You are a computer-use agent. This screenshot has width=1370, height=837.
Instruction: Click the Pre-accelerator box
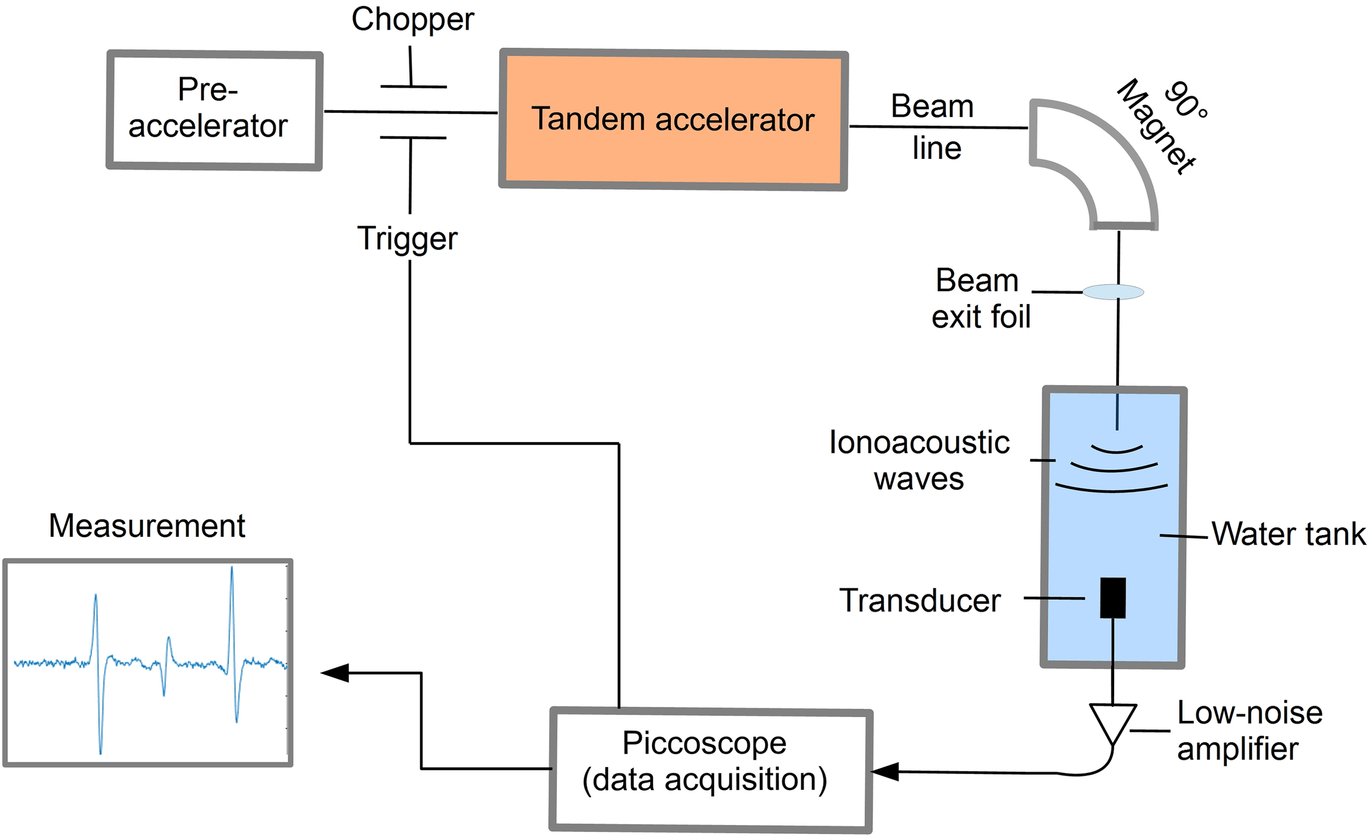tap(214, 110)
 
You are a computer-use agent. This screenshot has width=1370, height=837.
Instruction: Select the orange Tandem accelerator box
tap(673, 119)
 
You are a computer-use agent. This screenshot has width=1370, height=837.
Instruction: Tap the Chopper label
tap(412, 20)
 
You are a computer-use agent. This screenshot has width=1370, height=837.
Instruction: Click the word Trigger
tap(407, 239)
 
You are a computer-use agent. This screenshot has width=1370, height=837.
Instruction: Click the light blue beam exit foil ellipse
tap(1113, 292)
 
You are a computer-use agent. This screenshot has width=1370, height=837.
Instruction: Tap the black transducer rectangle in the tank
tap(1112, 598)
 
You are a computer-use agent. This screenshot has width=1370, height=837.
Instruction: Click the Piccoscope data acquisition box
tap(710, 769)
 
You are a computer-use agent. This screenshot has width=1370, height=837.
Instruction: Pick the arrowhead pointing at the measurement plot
tap(335, 673)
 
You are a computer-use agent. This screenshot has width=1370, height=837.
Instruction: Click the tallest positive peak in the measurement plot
tap(232, 569)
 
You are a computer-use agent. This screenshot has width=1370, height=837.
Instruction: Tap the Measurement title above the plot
tap(147, 526)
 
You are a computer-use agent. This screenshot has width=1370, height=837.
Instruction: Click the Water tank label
tap(1288, 534)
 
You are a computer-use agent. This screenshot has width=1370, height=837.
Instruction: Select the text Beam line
tap(934, 127)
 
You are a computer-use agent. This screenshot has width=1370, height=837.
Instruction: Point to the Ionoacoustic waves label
tap(919, 460)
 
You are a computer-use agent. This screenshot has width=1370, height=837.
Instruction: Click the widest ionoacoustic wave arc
tap(1111, 489)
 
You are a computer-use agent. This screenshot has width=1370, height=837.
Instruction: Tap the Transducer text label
tap(920, 601)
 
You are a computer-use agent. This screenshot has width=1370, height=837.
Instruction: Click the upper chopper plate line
tap(413, 87)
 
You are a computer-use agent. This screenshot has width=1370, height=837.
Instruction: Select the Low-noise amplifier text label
tap(1249, 730)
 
